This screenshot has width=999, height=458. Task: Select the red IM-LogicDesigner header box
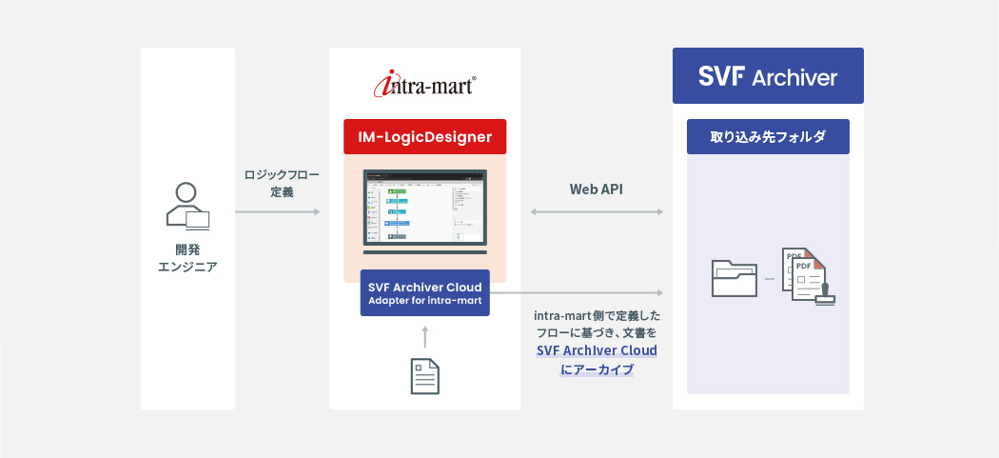(424, 137)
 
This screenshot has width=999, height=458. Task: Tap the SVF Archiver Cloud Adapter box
(424, 293)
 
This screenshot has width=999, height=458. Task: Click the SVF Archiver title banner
(768, 76)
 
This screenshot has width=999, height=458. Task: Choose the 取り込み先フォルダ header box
(768, 137)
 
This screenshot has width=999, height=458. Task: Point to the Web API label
(597, 189)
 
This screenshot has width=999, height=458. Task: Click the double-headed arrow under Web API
(597, 211)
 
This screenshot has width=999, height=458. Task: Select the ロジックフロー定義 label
(281, 183)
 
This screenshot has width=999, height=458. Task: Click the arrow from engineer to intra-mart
(277, 211)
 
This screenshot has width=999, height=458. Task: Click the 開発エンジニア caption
(186, 257)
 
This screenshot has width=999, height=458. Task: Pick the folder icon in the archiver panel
(735, 277)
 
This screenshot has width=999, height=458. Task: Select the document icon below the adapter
(424, 376)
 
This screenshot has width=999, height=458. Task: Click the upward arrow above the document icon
(424, 336)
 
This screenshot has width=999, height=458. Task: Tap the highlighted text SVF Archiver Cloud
(597, 350)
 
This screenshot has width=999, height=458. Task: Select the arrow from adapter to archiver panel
(576, 292)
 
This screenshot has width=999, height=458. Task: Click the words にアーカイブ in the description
(597, 368)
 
